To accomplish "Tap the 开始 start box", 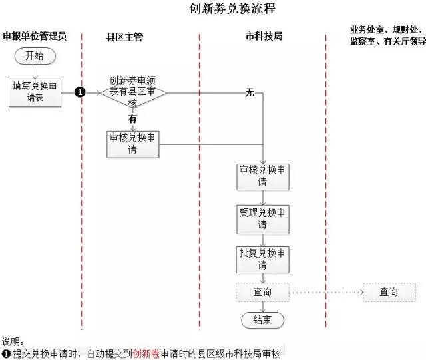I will [33, 56].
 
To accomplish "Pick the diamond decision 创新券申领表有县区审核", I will [134, 92].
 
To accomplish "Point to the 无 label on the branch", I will [250, 93].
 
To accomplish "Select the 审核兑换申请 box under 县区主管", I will [133, 144].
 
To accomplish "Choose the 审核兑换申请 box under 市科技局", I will [263, 176].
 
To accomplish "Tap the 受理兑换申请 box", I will [263, 219].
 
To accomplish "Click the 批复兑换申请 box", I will [263, 259].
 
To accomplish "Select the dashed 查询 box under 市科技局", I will [262, 292].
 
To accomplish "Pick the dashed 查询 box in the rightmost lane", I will [389, 292].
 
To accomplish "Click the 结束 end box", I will [262, 320].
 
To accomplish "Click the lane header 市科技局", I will [264, 35].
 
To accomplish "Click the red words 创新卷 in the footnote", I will [146, 353].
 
